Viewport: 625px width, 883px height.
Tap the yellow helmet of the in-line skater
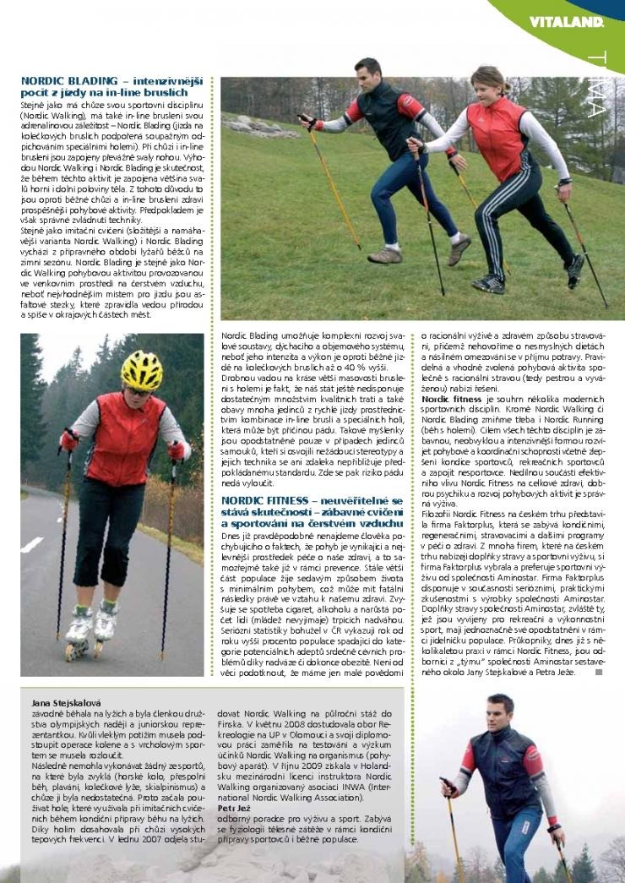[141, 368]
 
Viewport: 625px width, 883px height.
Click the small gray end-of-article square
[599, 673]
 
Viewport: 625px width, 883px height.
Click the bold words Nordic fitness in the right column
[452, 397]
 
